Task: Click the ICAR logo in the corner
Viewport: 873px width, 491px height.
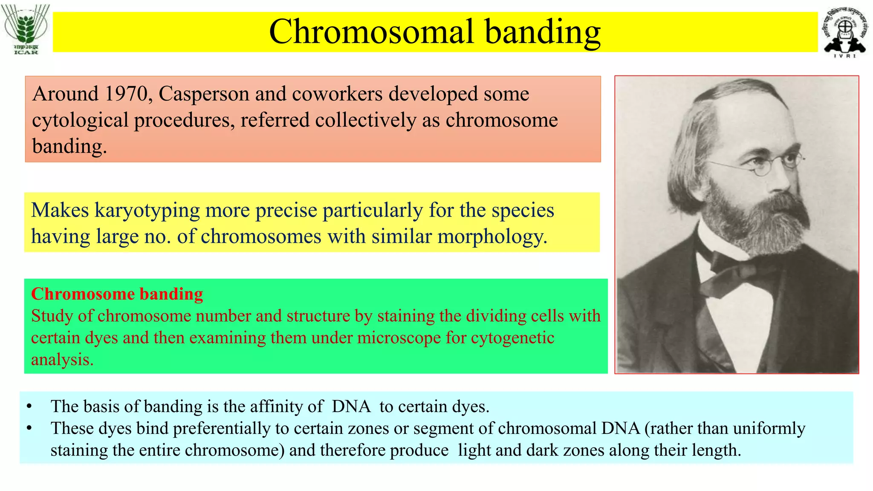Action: (26, 29)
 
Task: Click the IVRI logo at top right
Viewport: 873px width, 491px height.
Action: (845, 32)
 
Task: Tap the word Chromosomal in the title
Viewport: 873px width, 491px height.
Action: (371, 32)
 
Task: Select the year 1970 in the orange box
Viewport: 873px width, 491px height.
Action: (126, 94)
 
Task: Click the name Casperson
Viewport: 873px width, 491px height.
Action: (204, 94)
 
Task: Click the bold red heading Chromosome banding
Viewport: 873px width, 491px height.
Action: (117, 294)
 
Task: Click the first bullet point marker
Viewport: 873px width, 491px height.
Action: (29, 407)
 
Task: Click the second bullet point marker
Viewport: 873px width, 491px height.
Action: (29, 428)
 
